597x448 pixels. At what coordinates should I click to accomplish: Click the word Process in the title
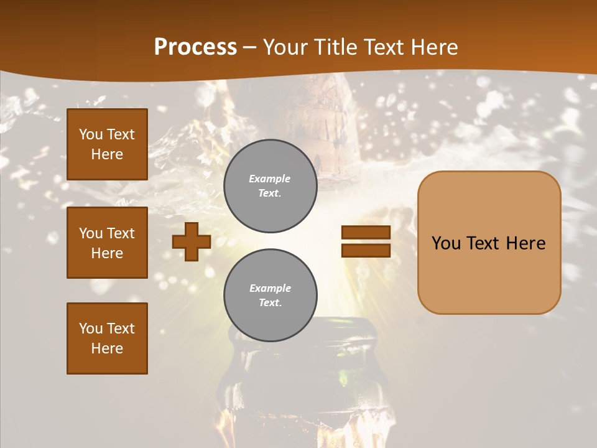tap(195, 47)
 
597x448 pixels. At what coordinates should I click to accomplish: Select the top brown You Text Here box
tap(107, 144)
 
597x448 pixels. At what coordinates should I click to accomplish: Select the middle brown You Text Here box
tap(107, 243)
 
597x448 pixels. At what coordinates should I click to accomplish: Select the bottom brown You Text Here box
tap(107, 338)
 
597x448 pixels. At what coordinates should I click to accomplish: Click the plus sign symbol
tap(192, 241)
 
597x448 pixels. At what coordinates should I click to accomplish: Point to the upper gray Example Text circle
tap(271, 186)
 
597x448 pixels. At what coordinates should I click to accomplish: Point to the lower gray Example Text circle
tap(271, 295)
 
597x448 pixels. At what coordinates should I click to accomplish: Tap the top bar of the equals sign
tap(366, 233)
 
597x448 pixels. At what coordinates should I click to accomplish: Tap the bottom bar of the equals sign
tap(366, 250)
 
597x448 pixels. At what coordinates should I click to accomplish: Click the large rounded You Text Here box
tap(489, 243)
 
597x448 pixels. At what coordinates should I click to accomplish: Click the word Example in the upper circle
tap(270, 179)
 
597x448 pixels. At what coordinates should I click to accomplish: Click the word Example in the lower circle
tap(270, 288)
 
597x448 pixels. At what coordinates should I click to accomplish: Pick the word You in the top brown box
tap(90, 134)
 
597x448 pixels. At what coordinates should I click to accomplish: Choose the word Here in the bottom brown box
tap(107, 348)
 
